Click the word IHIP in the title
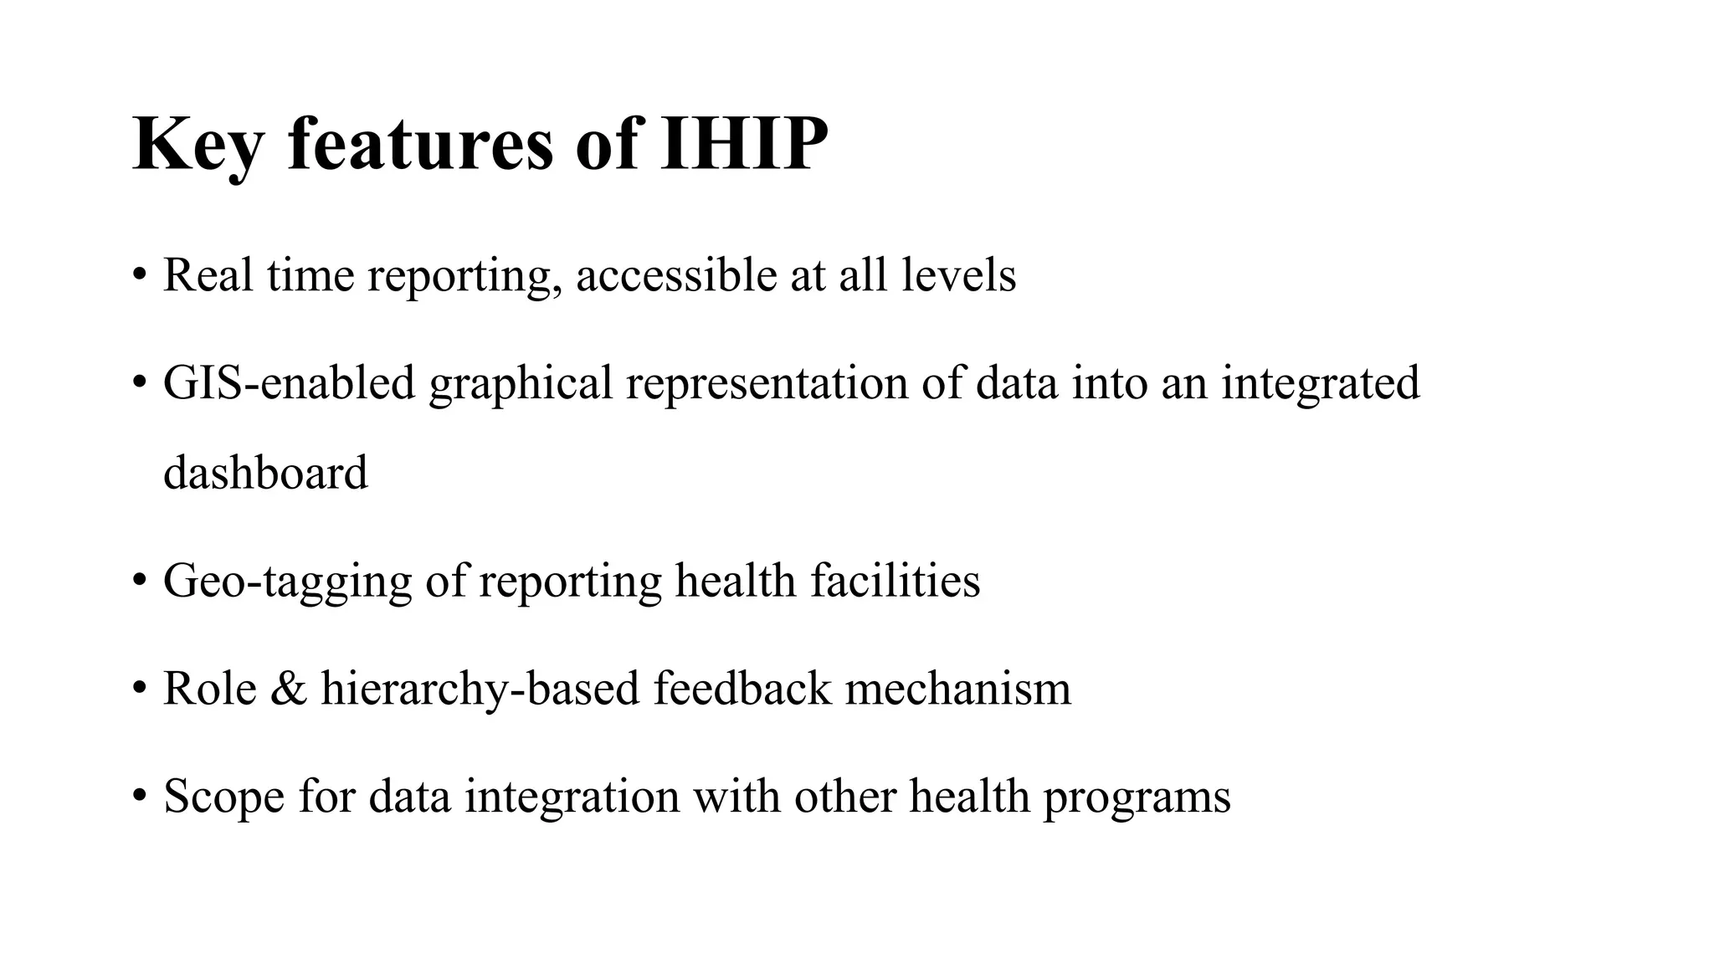click(743, 144)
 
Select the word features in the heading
click(420, 144)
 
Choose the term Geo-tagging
click(287, 582)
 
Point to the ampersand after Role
click(289, 688)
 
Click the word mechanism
click(958, 688)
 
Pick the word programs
click(1137, 797)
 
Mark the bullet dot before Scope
click(139, 795)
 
